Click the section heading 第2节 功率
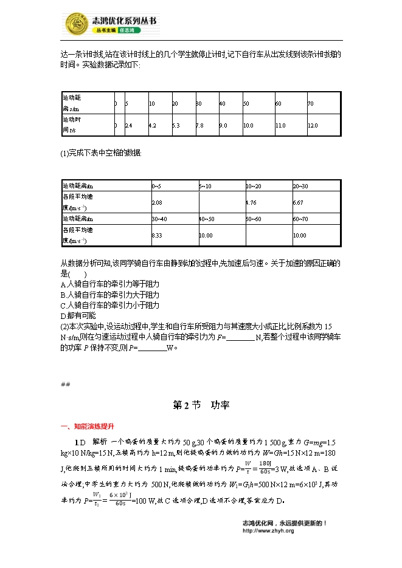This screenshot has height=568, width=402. click(x=201, y=406)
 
